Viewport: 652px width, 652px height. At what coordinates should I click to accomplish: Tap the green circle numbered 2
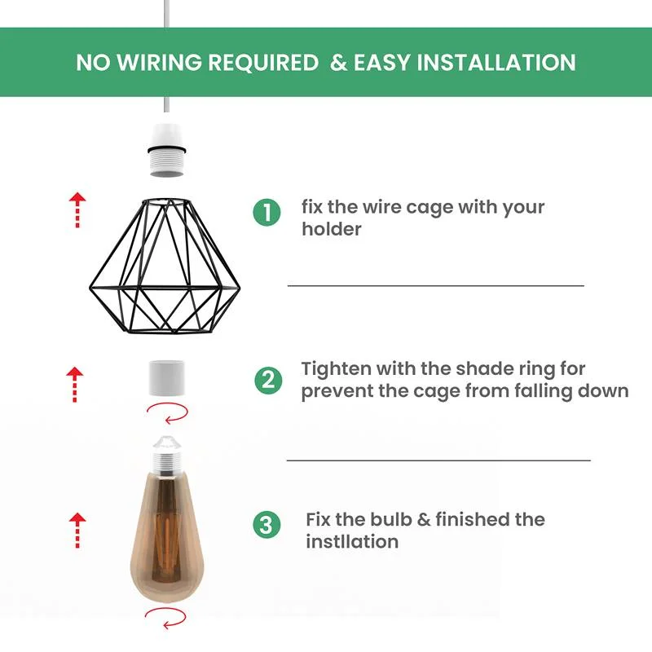coord(268,381)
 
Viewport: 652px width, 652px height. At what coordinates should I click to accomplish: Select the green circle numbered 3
coord(267,525)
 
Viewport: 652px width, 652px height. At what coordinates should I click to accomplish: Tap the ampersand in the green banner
coord(338,63)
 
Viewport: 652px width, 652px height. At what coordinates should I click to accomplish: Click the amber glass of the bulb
coord(170,530)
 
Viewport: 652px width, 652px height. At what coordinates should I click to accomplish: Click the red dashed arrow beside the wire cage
coord(77,209)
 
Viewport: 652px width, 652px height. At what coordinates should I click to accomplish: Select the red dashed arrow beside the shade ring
coord(75,384)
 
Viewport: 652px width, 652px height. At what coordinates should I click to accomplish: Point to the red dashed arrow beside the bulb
coord(77,530)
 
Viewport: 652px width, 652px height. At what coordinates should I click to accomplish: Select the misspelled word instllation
coord(352,542)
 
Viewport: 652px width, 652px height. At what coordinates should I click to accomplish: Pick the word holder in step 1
coord(331,230)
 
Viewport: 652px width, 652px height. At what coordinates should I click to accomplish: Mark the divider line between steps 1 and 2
coord(436,285)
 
